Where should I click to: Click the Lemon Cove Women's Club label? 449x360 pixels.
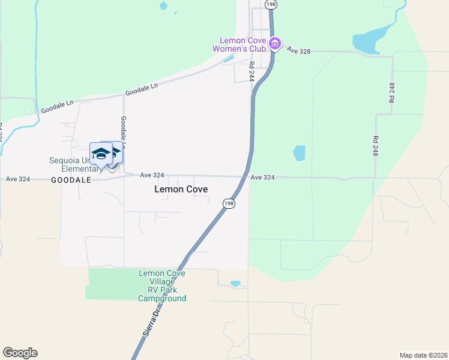243,44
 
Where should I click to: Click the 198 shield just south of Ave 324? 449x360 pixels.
229,203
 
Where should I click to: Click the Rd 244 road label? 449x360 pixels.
252,71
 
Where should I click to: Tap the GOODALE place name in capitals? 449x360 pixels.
71,179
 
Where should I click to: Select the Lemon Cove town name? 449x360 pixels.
181,189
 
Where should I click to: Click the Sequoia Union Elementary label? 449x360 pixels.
74,164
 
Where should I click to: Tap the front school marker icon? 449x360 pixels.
101,155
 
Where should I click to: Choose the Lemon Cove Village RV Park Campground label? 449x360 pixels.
162,286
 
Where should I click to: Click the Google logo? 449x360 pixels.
20,353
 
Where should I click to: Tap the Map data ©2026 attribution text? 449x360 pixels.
423,355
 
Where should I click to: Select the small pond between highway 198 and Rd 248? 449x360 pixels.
299,153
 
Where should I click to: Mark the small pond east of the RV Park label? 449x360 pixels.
235,283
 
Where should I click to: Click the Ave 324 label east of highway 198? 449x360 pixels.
263,178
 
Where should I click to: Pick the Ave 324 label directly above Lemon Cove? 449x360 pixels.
152,175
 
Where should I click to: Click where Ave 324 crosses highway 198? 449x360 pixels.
246,176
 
